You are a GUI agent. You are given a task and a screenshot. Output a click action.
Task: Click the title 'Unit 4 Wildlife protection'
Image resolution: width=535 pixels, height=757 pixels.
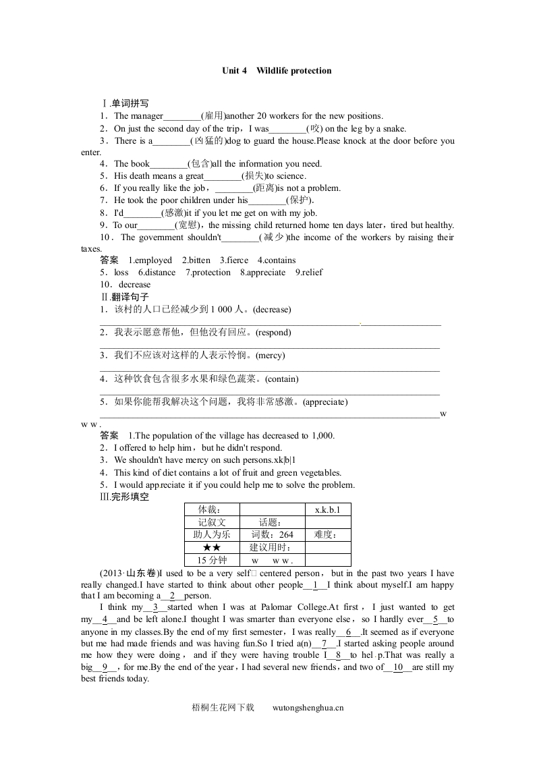pos(277,70)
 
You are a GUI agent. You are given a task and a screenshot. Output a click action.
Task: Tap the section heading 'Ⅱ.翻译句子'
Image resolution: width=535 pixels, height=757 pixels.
pos(124,297)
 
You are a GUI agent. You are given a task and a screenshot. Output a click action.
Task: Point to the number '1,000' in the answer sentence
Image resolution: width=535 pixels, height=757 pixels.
pos(322,436)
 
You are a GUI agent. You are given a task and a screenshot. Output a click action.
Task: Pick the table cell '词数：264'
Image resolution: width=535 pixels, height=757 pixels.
pos(272,534)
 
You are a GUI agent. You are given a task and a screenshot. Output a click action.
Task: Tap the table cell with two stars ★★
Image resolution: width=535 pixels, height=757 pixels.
pos(211,547)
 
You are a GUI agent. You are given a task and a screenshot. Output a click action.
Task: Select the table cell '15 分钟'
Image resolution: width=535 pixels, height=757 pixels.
pos(211,560)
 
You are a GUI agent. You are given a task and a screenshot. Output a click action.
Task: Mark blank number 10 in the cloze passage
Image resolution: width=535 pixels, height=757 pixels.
pos(397,667)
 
